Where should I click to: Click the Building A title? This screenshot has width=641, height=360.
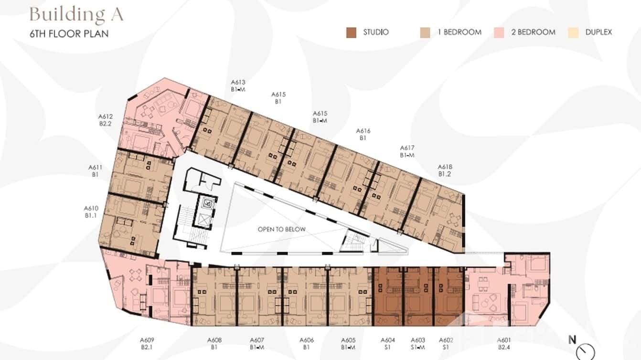click(x=76, y=14)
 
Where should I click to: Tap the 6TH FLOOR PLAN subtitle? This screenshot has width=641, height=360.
click(x=69, y=34)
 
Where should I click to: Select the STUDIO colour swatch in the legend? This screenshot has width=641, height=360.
click(x=351, y=32)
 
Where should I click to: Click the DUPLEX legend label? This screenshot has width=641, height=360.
click(x=598, y=32)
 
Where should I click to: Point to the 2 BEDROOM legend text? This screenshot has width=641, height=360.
click(x=536, y=32)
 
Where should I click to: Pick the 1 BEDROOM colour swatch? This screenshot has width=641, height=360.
click(x=425, y=32)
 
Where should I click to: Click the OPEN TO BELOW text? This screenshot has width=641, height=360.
click(x=281, y=229)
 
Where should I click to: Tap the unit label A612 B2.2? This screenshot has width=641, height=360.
click(x=106, y=119)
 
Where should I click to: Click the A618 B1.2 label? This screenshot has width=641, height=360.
click(x=445, y=170)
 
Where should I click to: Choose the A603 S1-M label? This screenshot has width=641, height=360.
click(x=418, y=343)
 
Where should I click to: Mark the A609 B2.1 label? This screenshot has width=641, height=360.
click(x=147, y=343)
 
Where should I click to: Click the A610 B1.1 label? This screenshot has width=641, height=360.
click(x=91, y=212)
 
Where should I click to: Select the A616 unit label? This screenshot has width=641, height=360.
click(x=363, y=134)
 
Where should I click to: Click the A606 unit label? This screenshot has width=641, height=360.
click(x=307, y=343)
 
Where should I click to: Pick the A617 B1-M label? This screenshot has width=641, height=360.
click(x=407, y=151)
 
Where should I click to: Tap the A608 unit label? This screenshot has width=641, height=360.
click(x=214, y=343)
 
